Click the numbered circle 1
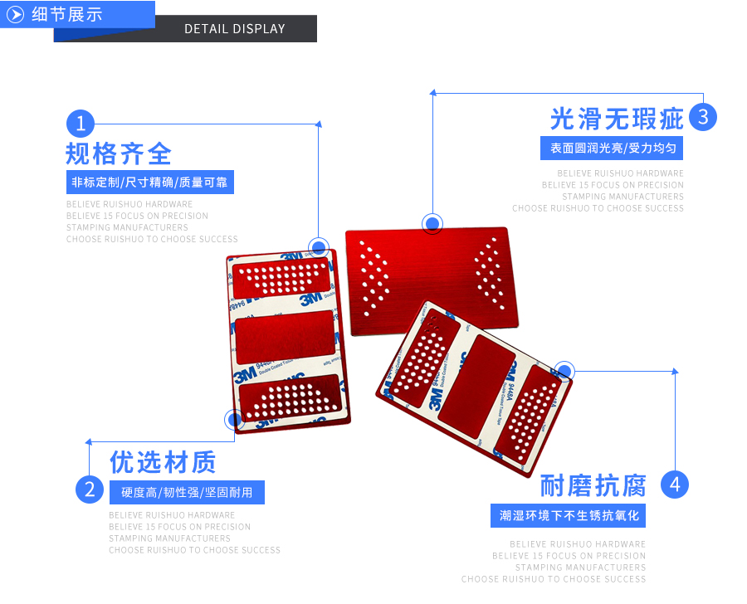(81, 124)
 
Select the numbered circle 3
(703, 117)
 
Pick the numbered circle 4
(675, 485)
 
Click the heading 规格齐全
(119, 154)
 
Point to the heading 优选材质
(163, 461)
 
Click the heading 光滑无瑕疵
(617, 119)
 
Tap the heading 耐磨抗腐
(593, 485)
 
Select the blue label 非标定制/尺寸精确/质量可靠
(149, 183)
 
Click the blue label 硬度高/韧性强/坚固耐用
(187, 492)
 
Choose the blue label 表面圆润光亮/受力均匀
(612, 149)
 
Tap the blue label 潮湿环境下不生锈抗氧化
(569, 515)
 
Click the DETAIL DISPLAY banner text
(235, 29)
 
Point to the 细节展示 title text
(66, 14)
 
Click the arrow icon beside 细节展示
(15, 14)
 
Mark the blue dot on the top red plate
(432, 223)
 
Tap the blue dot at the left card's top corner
(319, 247)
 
